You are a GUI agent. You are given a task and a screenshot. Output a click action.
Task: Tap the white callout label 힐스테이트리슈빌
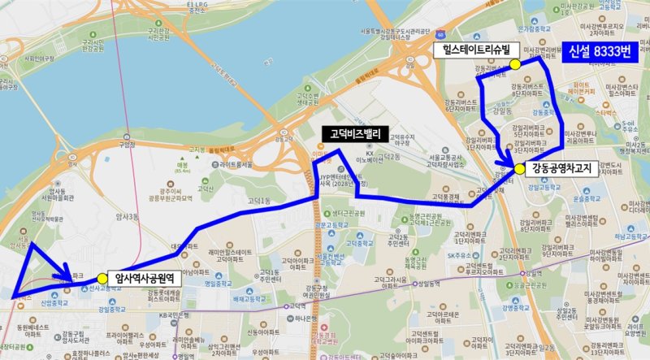pos(476,50)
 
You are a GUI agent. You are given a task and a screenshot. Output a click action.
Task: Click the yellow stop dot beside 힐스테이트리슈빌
pos(514,63)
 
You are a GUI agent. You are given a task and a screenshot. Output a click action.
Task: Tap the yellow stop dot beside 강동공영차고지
pos(519,169)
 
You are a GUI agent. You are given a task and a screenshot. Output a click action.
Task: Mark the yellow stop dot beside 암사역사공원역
pos(102,278)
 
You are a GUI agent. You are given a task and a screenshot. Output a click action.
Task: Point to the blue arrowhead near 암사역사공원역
pos(65,276)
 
